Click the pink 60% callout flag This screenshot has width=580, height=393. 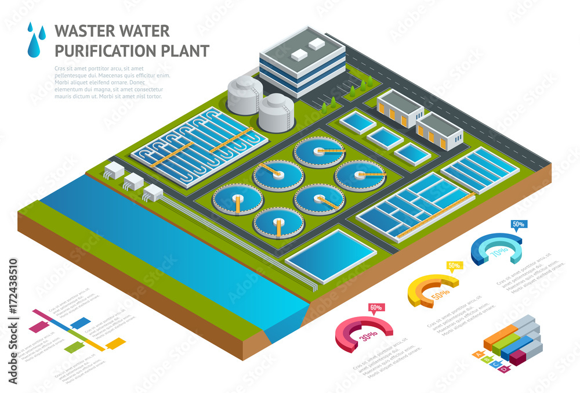pos(375,308)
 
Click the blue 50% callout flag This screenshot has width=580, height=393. pos(517,224)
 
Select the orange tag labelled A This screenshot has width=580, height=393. pos(477,354)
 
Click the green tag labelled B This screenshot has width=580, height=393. pos(486,359)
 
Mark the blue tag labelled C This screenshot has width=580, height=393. pos(495,364)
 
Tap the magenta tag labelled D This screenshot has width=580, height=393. pos(503,369)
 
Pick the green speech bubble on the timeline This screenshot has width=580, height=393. pos(72,348)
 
